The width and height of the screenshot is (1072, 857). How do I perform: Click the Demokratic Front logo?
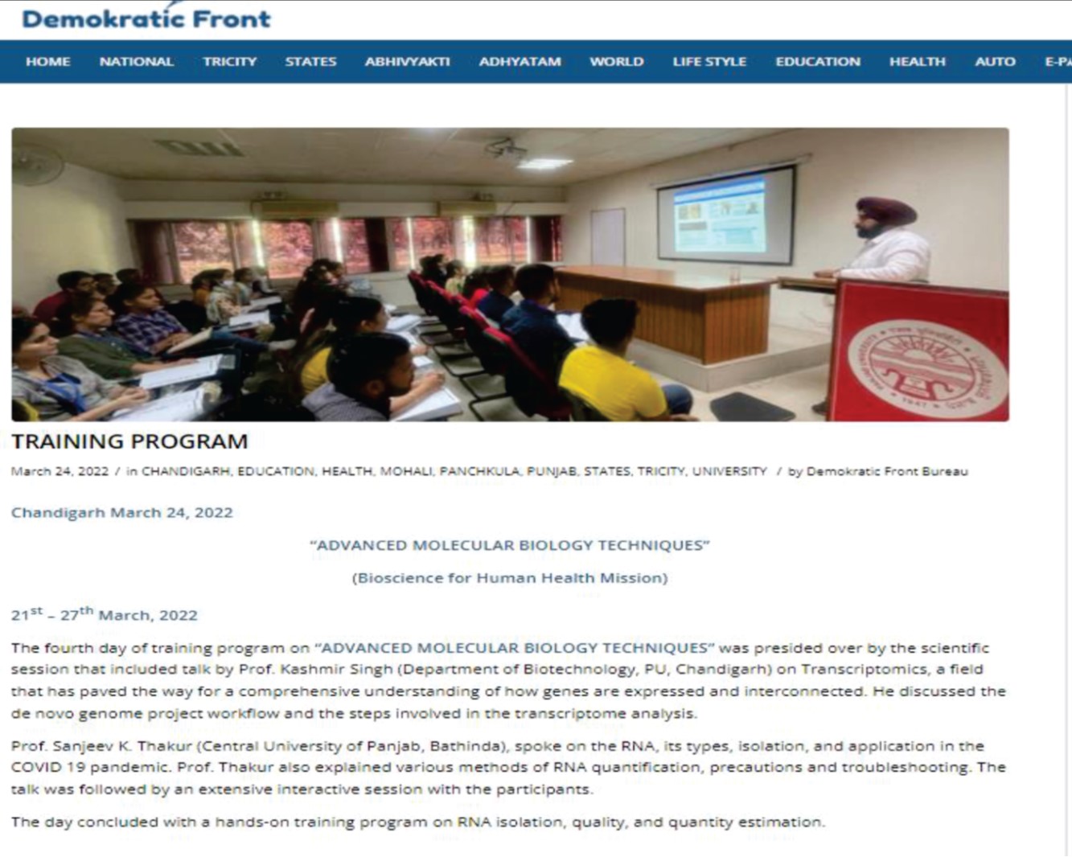[x=146, y=18]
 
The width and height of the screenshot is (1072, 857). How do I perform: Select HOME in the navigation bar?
[x=47, y=62]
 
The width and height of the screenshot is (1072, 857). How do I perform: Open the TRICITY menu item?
[x=230, y=62]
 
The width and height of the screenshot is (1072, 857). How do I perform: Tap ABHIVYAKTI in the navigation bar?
[x=407, y=62]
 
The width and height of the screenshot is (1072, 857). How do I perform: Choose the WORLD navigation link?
[x=617, y=62]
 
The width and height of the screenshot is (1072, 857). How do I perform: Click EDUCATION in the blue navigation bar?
[x=818, y=62]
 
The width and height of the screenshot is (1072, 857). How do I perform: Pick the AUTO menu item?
[x=996, y=62]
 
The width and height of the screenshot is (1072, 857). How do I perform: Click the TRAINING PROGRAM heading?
[x=129, y=441]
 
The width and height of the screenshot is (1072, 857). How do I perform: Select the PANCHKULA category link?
[x=479, y=472]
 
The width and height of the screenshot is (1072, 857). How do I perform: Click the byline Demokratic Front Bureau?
[x=887, y=472]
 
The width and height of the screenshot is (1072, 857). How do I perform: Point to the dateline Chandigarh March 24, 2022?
[x=122, y=513]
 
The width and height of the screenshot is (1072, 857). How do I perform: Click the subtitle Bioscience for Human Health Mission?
[x=510, y=578]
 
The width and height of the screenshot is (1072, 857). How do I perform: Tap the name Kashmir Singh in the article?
[x=336, y=669]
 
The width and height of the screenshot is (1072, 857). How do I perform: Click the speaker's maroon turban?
[x=886, y=211]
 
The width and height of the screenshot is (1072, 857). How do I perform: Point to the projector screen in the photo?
[x=726, y=214]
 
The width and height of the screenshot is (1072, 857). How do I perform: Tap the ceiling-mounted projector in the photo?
[x=505, y=148]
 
